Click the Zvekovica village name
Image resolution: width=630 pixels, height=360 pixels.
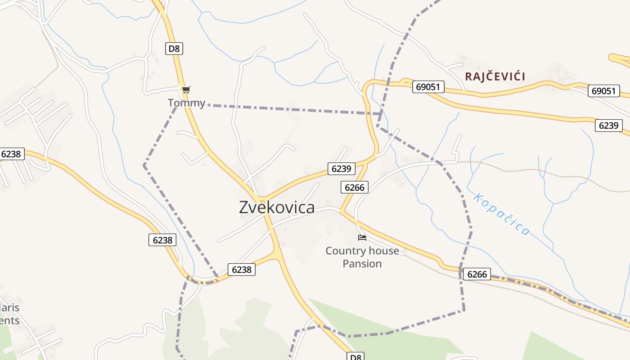[x=277, y=207]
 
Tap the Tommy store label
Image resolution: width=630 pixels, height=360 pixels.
[x=186, y=103]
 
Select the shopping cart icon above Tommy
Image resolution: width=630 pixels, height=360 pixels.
[x=186, y=90]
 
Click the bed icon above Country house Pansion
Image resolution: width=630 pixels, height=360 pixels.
[x=362, y=237]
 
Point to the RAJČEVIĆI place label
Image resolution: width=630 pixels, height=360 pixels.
[x=495, y=76]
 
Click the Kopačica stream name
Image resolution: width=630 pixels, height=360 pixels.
[x=502, y=214]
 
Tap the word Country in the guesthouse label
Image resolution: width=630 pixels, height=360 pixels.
[x=343, y=251]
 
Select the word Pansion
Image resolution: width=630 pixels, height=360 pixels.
[x=362, y=264]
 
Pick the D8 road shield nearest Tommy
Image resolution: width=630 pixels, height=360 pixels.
[x=174, y=49]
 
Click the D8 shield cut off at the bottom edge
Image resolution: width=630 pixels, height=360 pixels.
[x=355, y=357]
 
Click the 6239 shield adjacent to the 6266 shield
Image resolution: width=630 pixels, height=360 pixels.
[x=341, y=169]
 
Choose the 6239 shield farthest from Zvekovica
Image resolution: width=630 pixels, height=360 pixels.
[x=608, y=126]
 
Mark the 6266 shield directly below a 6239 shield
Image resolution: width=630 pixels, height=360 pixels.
[x=355, y=187]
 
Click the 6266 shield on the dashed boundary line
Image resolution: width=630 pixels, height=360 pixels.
[x=477, y=274]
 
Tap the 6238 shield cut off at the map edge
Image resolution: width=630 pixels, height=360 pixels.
[x=11, y=154]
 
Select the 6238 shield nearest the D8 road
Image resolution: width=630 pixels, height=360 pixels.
[x=242, y=270]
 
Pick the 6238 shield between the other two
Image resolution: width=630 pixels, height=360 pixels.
[x=162, y=240]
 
